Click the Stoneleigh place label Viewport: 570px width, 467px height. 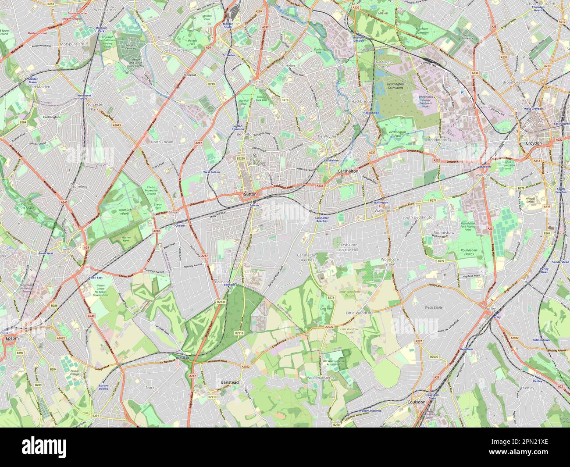click(x=80, y=186)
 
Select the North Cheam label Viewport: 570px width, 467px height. click(x=162, y=142)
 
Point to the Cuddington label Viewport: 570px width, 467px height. click(x=51, y=117)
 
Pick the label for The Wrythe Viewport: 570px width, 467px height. click(x=326, y=137)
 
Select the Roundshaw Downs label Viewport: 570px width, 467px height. click(x=469, y=252)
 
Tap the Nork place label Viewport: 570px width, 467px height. click(x=150, y=388)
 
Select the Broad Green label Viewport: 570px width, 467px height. click(x=513, y=82)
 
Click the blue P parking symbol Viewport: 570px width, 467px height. click(x=461, y=92)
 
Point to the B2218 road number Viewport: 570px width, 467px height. click(x=239, y=333)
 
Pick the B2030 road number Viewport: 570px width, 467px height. click(x=434, y=357)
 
